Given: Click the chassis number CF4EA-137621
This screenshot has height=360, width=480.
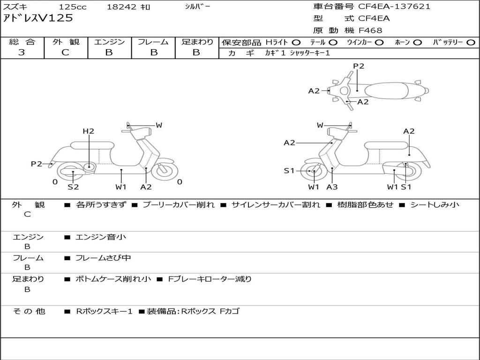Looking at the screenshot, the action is (x=394, y=7).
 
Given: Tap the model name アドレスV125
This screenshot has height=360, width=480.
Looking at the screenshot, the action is (x=38, y=18).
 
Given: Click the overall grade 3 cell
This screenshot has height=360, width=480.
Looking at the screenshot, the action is (x=22, y=52).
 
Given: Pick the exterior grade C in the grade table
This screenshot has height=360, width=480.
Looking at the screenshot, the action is (x=65, y=52).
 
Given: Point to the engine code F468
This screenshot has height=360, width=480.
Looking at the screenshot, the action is (x=370, y=30).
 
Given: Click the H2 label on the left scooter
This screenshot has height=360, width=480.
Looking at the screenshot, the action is (x=89, y=131).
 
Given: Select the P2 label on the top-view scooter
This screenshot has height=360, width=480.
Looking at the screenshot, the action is (x=359, y=66).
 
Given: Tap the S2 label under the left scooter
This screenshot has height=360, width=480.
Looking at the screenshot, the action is (x=73, y=187).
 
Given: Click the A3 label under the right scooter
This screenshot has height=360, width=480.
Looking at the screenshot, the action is (x=332, y=187).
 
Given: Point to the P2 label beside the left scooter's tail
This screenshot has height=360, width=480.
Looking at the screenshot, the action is (x=37, y=164).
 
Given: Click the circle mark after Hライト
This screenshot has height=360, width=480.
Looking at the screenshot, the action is (x=296, y=42).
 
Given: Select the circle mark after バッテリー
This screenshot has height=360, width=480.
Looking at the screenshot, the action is (x=471, y=42).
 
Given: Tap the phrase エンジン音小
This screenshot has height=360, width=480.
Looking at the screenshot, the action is (x=100, y=237).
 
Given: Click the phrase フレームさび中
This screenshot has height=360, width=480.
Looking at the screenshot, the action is (x=103, y=258).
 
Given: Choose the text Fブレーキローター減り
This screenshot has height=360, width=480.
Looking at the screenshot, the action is (x=210, y=279).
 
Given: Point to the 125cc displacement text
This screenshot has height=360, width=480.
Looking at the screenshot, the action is (x=73, y=7).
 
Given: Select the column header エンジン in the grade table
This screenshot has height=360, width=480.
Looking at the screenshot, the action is (x=109, y=42).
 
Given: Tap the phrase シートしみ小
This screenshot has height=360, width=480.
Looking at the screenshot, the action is (x=435, y=204).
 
